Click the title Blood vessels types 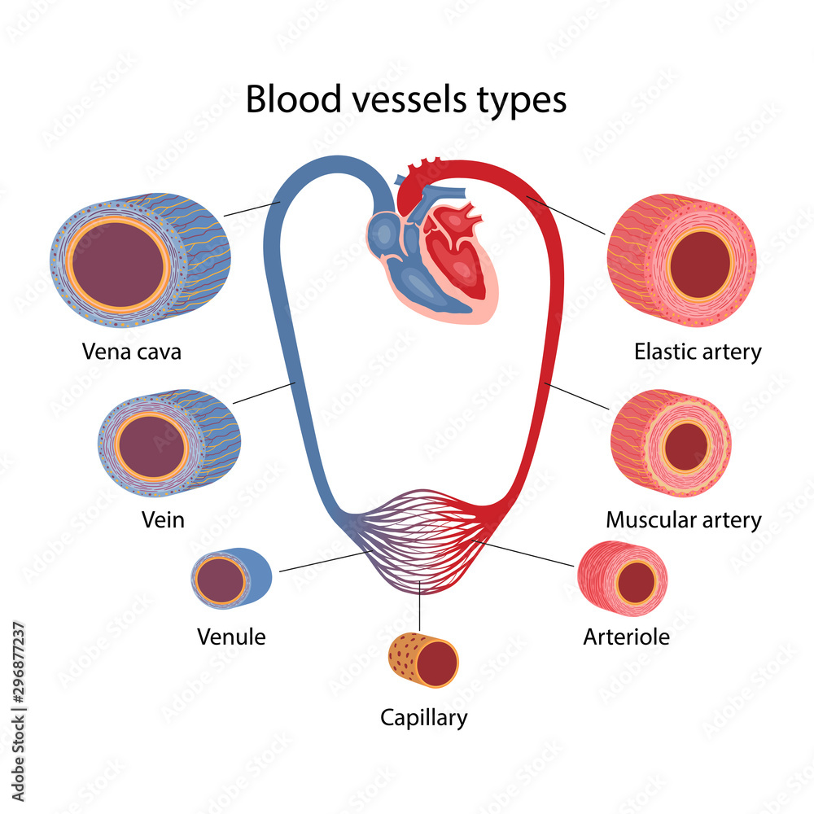coord(405,101)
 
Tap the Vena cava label coord(131,352)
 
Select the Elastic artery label coord(698,352)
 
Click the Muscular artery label coord(684,520)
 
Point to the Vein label coord(162,520)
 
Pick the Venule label coord(231,637)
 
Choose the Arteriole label coord(626,637)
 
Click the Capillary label coord(424,718)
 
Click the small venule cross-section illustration coord(231,579)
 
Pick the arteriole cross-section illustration coord(624,579)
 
